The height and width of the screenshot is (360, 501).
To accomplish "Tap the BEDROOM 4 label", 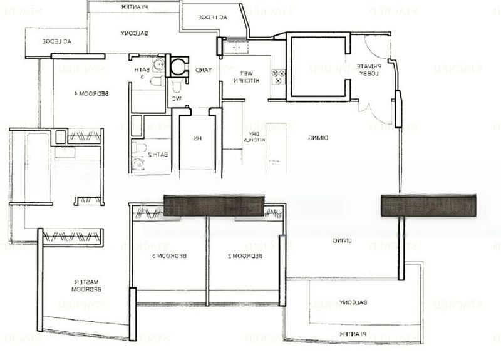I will [x=91, y=93].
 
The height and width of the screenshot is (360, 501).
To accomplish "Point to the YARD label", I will [x=202, y=70].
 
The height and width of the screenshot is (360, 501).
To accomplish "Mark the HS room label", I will [x=197, y=138].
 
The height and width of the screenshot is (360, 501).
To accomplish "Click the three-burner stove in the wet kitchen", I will [x=278, y=76].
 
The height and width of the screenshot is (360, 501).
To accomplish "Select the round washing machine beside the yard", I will [x=180, y=64].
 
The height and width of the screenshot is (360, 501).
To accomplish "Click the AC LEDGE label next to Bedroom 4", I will [x=57, y=41].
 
